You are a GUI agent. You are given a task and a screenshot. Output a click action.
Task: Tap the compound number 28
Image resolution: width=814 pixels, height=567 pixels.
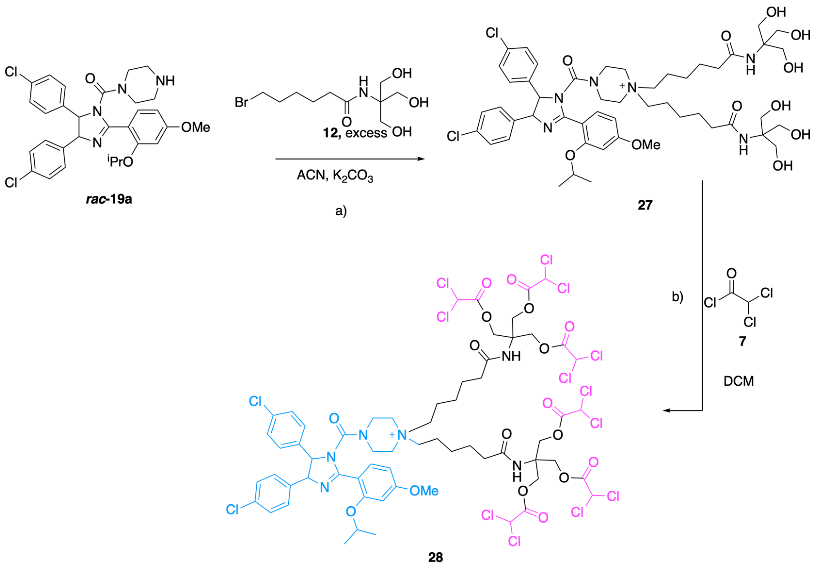[x=436, y=557]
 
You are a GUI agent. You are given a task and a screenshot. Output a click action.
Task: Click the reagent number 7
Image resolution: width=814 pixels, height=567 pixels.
[x=742, y=341]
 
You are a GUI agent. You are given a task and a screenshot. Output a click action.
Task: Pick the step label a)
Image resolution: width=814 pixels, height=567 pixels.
[x=341, y=211]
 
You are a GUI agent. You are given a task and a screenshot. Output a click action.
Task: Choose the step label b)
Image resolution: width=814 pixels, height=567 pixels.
[x=678, y=297]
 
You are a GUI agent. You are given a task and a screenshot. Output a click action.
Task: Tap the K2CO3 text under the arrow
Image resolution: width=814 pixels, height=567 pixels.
[x=353, y=176]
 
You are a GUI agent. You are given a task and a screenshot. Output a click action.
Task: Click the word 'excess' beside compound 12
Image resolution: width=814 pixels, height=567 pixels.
[x=366, y=133]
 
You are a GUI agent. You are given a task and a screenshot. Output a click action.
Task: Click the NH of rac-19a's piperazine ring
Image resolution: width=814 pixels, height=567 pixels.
[x=165, y=81]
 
